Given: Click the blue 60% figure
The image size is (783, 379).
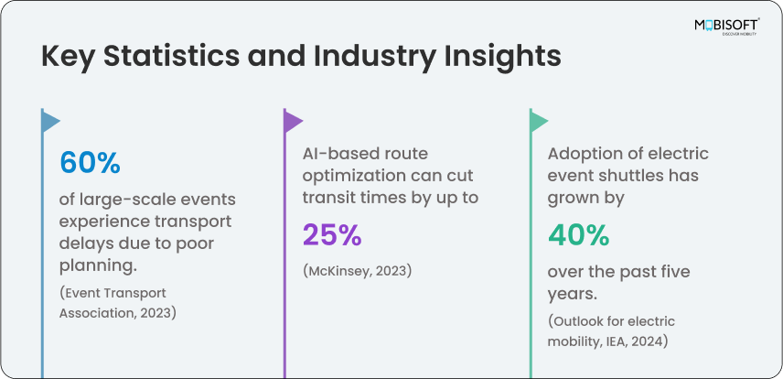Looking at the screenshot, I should point(91,163).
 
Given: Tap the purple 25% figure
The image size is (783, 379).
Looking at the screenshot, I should point(333,234).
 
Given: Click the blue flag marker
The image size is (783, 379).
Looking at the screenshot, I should point(50,121).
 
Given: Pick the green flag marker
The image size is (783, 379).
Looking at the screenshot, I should point(539,121).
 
